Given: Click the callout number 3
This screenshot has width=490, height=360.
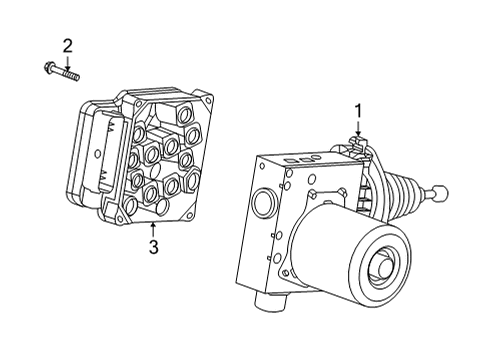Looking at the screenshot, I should point(152,246).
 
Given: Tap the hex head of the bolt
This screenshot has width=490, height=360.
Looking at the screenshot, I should point(50,69).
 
